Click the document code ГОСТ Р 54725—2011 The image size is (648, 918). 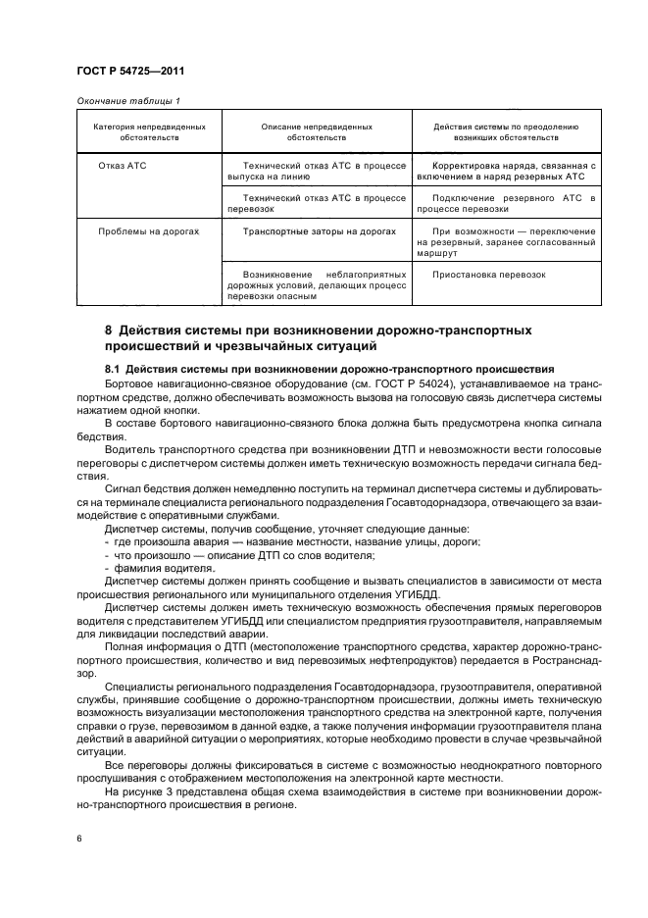click(129, 72)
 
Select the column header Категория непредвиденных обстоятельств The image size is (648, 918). click(149, 132)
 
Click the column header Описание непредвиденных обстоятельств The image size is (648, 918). click(317, 132)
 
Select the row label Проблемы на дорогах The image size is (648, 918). click(149, 231)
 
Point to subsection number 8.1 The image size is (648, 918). click(113, 368)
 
